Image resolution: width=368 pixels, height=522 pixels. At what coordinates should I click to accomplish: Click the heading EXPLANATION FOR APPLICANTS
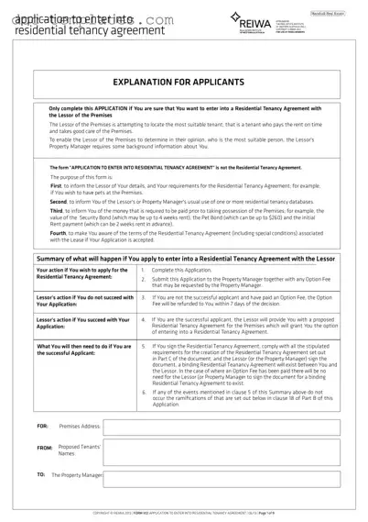pos(183,82)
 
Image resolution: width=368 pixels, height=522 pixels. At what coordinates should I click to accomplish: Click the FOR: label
pos(42,427)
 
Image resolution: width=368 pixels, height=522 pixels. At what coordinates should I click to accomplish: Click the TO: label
pos(40,475)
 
